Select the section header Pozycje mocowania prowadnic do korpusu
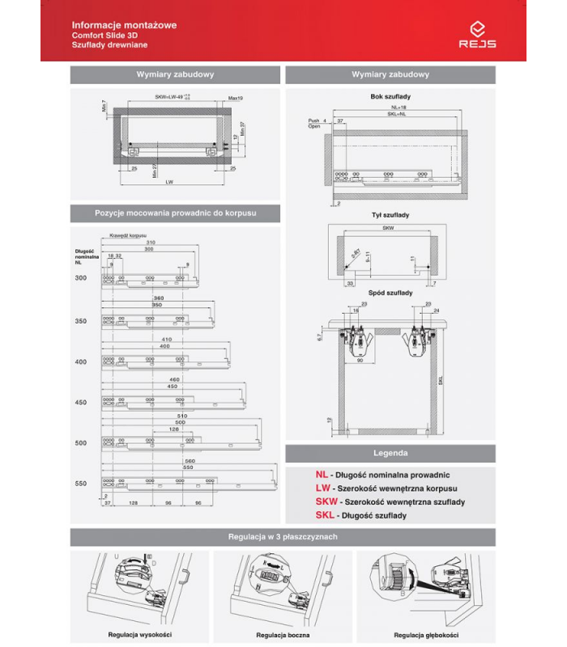pyautogui.click(x=175, y=213)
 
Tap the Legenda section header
pyautogui.click(x=390, y=453)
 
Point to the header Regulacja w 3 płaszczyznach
pyautogui.click(x=283, y=537)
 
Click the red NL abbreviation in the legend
pyautogui.click(x=322, y=476)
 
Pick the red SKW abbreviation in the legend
pyautogui.click(x=326, y=502)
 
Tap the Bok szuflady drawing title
pyautogui.click(x=390, y=97)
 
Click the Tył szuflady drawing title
pyautogui.click(x=390, y=215)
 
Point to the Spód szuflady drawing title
pyautogui.click(x=390, y=292)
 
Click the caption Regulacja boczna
pyautogui.click(x=283, y=635)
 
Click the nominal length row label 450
pyautogui.click(x=80, y=402)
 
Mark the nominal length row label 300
pyautogui.click(x=80, y=278)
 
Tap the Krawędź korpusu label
pyautogui.click(x=117, y=235)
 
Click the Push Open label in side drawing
pyautogui.click(x=314, y=124)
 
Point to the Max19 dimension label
pyautogui.click(x=236, y=98)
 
